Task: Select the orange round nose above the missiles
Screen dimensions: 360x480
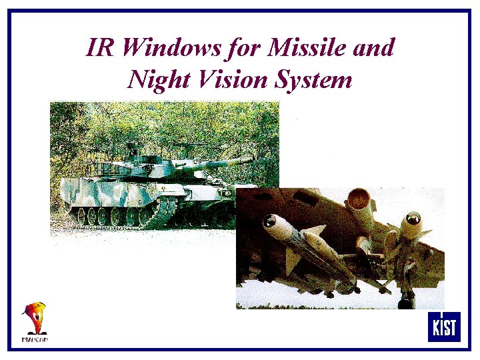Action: tap(359, 197)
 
